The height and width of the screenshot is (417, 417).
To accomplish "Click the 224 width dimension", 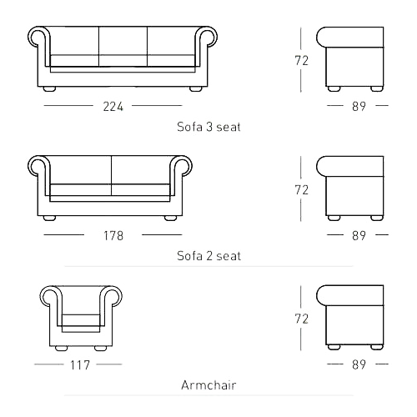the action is [113, 107].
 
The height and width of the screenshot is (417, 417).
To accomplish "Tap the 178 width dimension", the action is [113, 236].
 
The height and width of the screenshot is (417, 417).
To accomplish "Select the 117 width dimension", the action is [80, 365].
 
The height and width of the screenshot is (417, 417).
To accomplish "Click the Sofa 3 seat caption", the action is [208, 127].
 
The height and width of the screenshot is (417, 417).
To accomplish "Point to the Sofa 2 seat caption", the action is [208, 256].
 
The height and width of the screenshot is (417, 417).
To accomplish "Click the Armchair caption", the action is [208, 385].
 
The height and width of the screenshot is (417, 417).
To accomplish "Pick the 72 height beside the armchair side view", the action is [302, 319].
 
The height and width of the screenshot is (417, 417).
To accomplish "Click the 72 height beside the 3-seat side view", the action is [302, 61].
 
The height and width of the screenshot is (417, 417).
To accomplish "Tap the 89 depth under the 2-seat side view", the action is [359, 236].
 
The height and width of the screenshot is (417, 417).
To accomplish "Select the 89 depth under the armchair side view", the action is [359, 364].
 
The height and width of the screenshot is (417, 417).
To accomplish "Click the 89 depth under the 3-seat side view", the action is [359, 107].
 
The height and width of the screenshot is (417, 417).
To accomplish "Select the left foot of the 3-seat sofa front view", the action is [50, 89].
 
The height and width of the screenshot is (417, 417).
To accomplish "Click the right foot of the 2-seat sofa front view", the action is [170, 219].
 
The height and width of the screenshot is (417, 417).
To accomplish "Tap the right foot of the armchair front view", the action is [100, 348].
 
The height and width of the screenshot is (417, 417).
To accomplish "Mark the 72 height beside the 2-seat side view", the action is [302, 190].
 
